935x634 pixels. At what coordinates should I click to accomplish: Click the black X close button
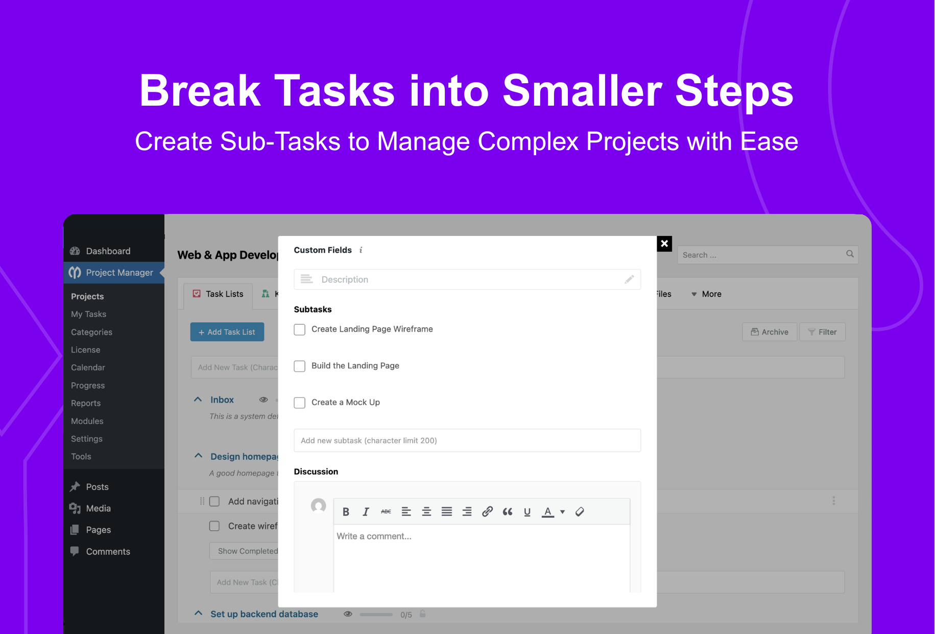[x=664, y=243]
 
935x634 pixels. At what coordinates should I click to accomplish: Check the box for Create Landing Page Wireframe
[x=300, y=330]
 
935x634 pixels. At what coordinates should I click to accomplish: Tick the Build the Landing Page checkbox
[x=300, y=367]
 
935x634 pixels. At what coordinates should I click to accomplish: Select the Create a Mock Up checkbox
[x=300, y=403]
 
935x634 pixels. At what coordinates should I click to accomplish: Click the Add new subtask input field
[x=467, y=441]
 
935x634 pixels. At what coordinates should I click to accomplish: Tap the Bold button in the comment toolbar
[x=346, y=512]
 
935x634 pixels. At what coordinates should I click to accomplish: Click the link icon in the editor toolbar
[x=487, y=511]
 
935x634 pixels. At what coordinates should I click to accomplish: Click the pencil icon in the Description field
[x=629, y=279]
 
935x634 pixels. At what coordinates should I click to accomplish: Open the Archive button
[x=769, y=332]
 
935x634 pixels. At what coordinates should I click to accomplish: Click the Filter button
[x=822, y=332]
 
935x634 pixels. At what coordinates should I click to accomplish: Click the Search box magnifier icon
[x=850, y=254]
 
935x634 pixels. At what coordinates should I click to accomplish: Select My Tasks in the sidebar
[x=88, y=314]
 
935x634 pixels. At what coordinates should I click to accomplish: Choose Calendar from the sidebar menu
[x=88, y=368]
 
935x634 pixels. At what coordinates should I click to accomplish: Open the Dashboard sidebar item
[x=108, y=251]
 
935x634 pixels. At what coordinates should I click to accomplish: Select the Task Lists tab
[x=218, y=295]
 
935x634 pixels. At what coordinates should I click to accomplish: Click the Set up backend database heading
[x=264, y=614]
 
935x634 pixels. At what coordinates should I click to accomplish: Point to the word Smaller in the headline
[x=582, y=91]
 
